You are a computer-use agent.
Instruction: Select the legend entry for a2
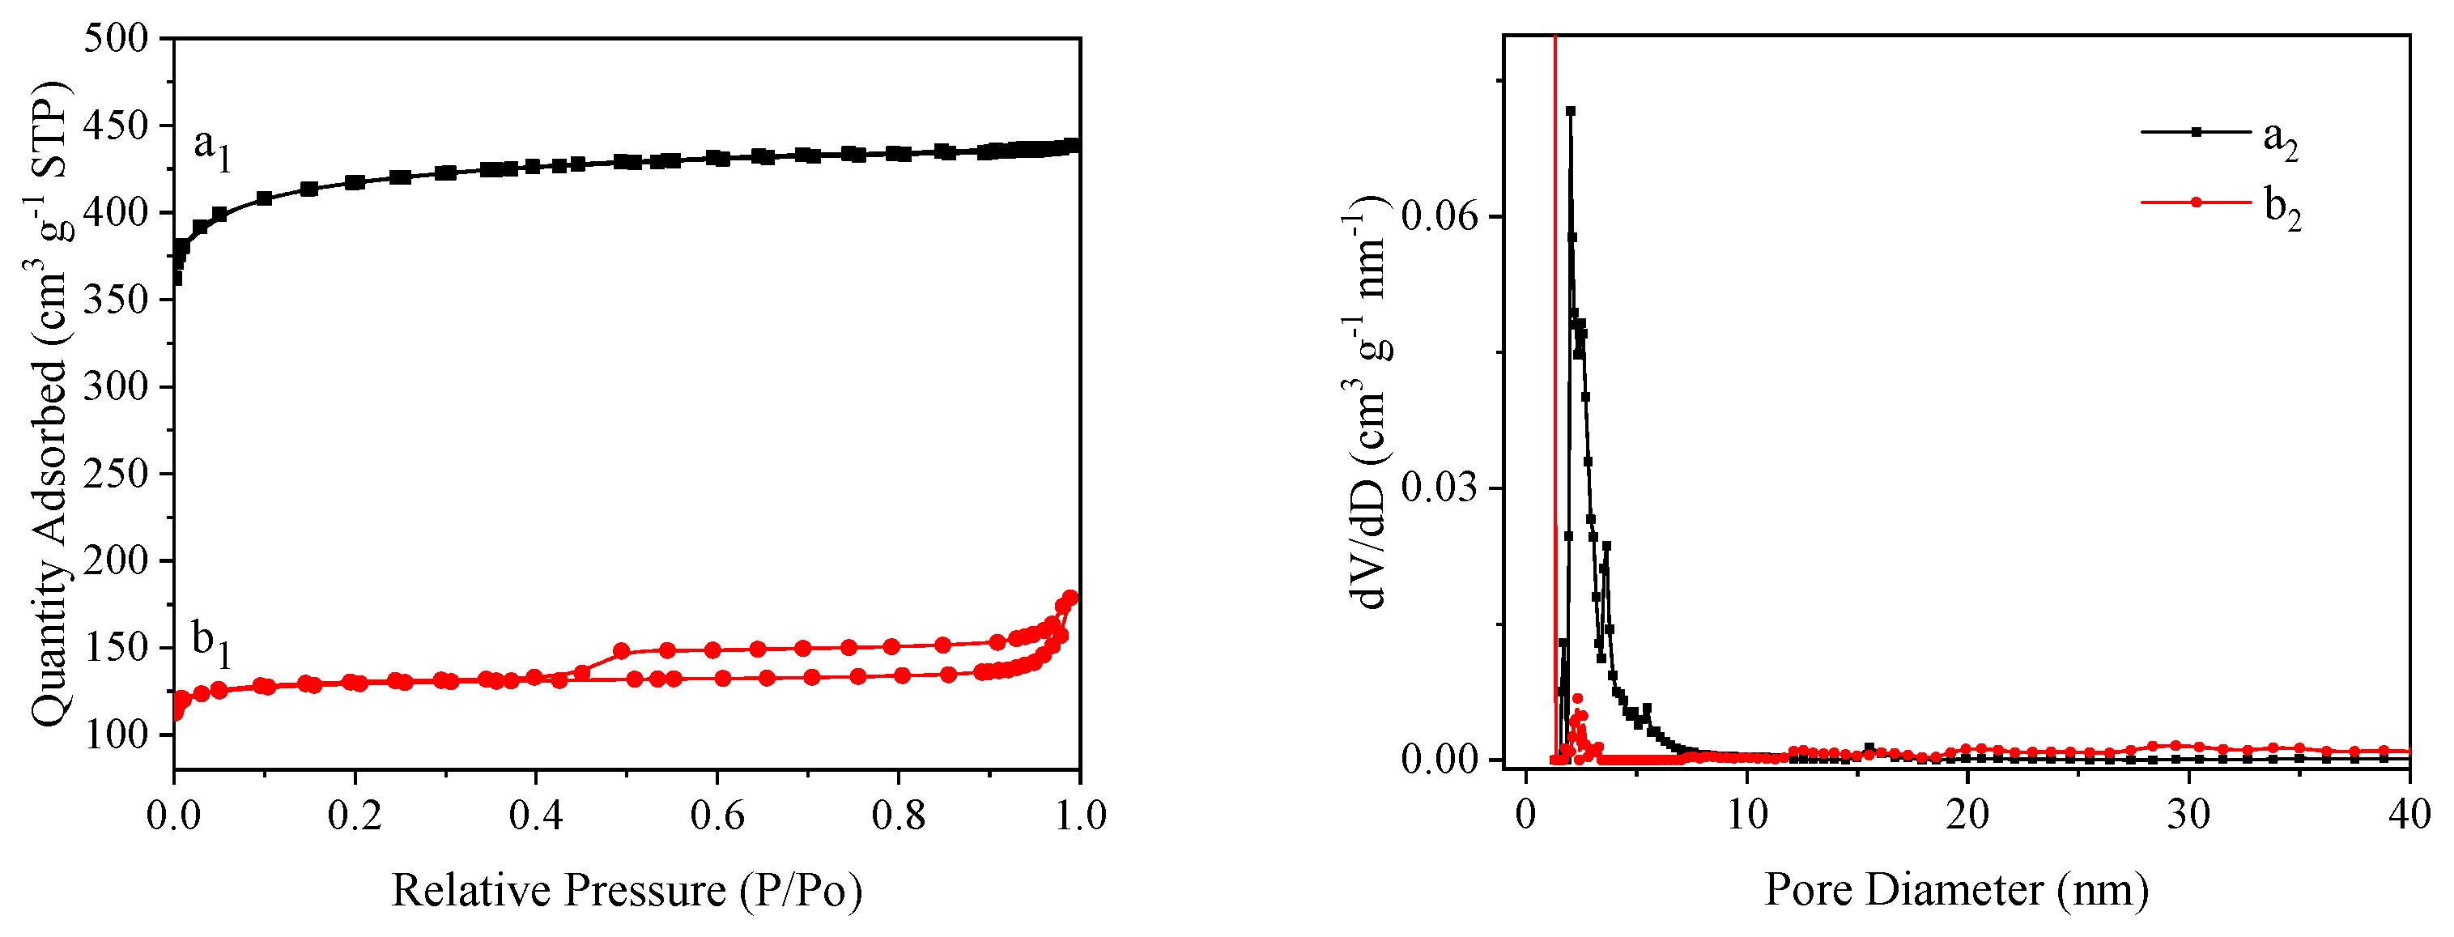2280,139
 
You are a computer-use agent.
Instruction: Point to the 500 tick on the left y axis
117,38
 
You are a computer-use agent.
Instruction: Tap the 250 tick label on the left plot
117,474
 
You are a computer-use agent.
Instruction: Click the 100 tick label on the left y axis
117,735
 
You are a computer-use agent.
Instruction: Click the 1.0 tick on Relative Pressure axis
1078,816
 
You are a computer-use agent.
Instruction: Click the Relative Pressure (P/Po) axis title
627,890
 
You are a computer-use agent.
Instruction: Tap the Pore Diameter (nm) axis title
1956,889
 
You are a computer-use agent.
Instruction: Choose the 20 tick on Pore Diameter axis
1967,816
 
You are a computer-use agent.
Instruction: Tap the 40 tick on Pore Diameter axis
2409,816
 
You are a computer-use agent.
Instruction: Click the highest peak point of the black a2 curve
1570,111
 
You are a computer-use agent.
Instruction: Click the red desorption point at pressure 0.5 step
621,651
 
